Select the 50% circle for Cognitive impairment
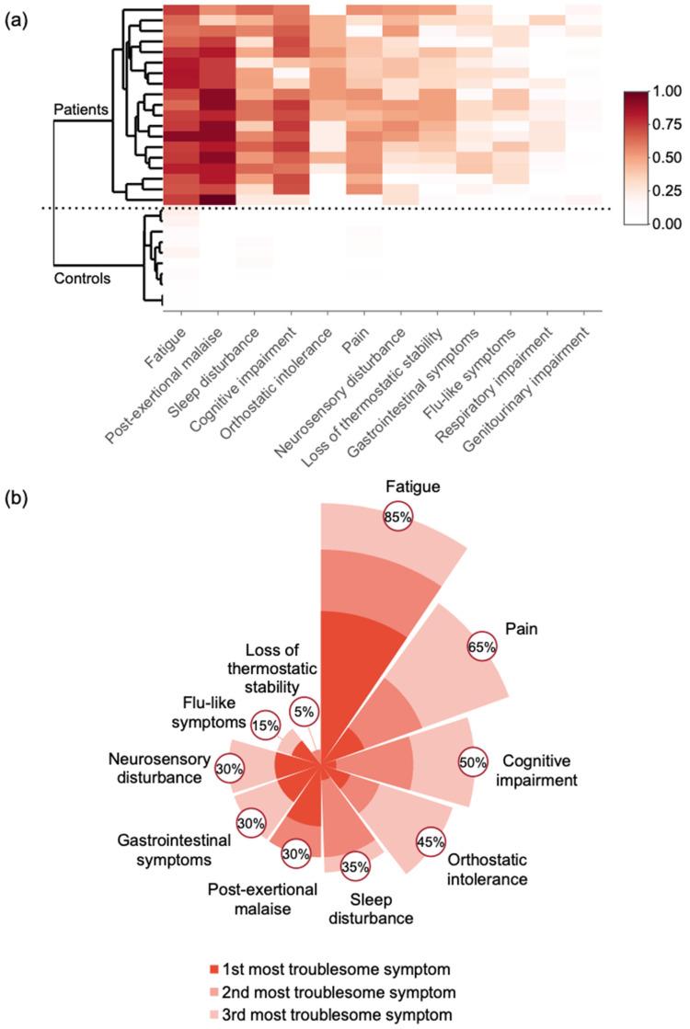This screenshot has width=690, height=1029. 473,761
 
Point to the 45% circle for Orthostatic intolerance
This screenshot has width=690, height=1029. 431,840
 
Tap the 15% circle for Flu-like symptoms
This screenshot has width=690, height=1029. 266,723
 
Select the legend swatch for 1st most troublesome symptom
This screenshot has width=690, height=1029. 215,969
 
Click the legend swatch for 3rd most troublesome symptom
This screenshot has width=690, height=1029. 215,1014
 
